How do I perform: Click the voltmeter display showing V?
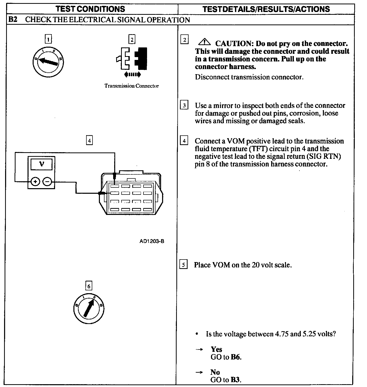(x=42, y=164)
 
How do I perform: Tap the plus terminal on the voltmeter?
(x=35, y=182)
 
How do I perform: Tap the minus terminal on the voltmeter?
(x=47, y=182)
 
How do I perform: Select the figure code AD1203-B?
(x=152, y=241)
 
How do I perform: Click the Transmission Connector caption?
(x=132, y=86)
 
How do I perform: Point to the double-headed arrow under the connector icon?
(x=132, y=74)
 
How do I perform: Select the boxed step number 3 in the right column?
(x=184, y=105)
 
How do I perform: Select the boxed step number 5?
(x=183, y=265)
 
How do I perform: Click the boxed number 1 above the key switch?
(x=48, y=39)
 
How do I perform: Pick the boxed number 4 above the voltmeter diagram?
(x=89, y=140)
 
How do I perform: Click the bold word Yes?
(x=216, y=349)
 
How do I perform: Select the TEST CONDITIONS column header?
(x=90, y=9)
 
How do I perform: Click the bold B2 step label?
(x=13, y=20)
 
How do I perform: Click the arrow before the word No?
(x=199, y=372)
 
